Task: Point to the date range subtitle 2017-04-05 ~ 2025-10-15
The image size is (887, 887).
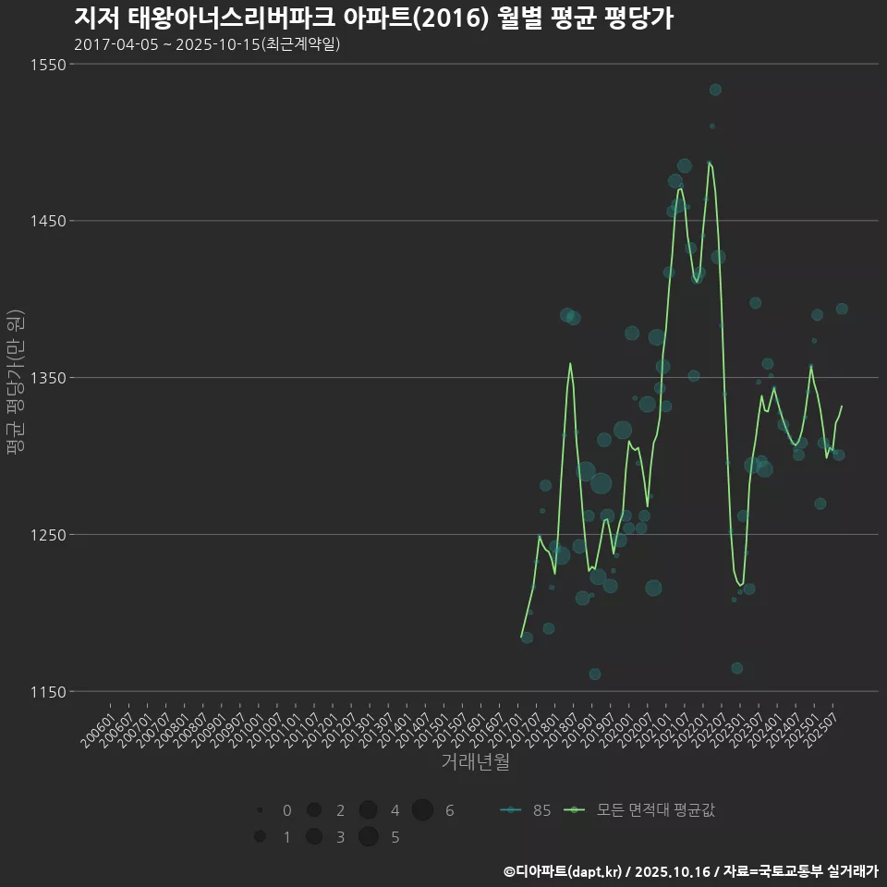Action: click(207, 44)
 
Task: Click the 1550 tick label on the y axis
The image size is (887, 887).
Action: click(47, 65)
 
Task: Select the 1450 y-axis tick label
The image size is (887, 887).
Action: click(47, 221)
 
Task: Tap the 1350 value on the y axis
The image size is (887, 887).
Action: click(47, 378)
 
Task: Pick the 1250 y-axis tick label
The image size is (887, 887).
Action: click(47, 535)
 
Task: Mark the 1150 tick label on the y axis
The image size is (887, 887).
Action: click(47, 692)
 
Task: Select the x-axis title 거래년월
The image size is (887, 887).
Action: click(475, 762)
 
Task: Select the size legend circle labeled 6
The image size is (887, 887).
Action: click(422, 810)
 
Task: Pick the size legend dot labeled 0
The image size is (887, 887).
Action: click(261, 810)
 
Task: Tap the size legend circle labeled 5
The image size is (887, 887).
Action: click(369, 837)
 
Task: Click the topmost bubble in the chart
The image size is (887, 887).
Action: click(715, 90)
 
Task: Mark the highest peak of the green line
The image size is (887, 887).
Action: click(709, 163)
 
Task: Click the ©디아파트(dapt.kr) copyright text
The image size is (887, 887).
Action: click(564, 871)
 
